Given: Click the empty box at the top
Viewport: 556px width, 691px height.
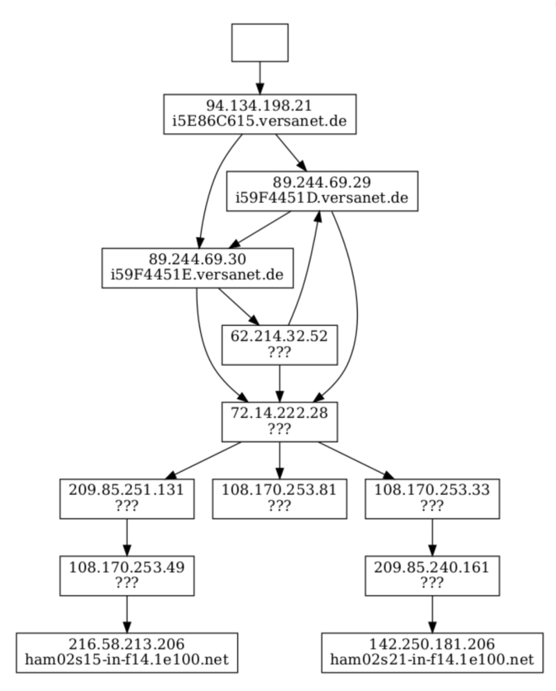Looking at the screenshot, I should [259, 42].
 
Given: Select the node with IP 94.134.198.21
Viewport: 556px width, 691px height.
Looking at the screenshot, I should [259, 114].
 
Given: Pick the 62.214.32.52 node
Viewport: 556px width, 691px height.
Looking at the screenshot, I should [279, 344].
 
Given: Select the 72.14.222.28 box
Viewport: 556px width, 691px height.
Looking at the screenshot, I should [279, 421].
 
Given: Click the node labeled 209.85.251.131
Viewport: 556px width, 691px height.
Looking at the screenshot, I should [126, 498].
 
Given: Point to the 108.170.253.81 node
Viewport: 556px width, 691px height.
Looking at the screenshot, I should [279, 498].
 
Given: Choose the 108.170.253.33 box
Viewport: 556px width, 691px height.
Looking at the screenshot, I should [432, 498].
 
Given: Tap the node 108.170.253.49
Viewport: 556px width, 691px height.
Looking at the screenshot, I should [126, 575].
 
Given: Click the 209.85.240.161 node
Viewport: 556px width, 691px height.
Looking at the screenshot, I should [432, 575].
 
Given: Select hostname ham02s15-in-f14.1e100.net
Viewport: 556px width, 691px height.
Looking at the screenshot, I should [126, 659].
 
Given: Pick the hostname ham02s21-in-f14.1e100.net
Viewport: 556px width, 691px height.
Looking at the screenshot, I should [432, 659].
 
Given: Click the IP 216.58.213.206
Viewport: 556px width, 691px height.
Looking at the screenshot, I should [126, 644].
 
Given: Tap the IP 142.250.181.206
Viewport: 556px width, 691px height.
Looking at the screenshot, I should [432, 644].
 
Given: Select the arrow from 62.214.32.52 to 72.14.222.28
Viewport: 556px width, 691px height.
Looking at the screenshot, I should [279, 382].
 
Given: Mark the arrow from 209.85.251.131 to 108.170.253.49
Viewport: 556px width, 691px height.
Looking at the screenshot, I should [126, 537].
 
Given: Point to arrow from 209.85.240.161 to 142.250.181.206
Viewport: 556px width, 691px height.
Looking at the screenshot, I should [432, 614].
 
